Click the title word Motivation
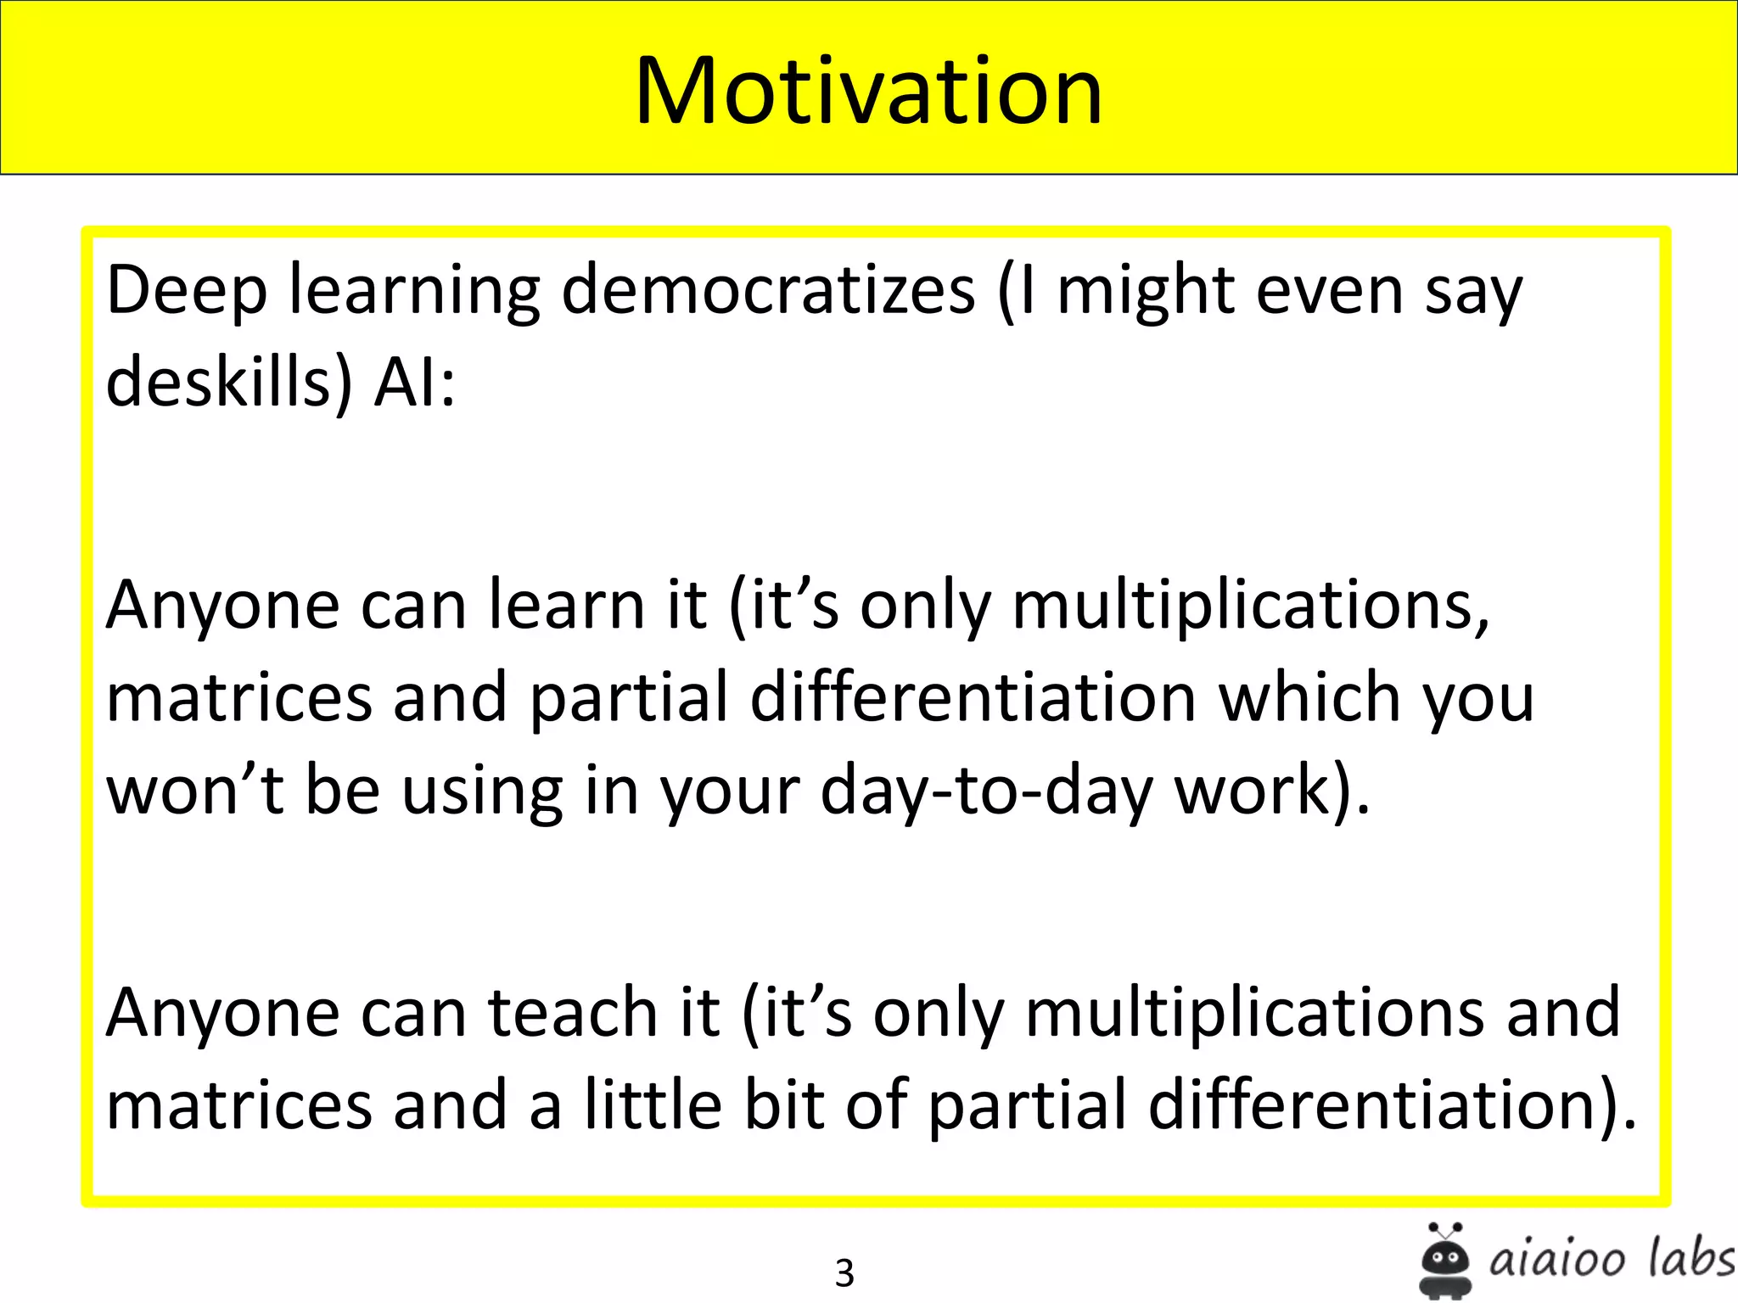[868, 91]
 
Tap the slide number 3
[844, 1272]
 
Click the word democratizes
[768, 291]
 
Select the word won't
[194, 791]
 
